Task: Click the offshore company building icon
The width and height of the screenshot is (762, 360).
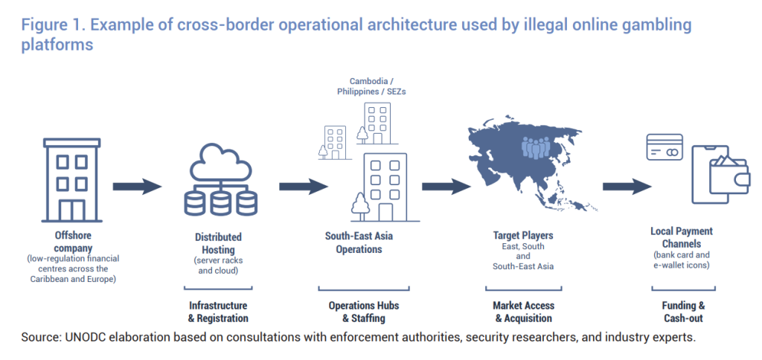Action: pos(72,180)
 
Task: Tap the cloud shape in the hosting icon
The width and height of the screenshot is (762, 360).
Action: pos(220,163)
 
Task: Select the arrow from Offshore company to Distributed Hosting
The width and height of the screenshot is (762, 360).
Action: pos(137,187)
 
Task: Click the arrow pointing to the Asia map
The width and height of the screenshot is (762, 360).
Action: pos(446,187)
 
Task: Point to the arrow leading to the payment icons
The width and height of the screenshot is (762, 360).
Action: pos(627,187)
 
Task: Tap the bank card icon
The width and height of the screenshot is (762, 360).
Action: pos(665,147)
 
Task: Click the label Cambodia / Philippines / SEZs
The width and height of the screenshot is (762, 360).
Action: pos(371,86)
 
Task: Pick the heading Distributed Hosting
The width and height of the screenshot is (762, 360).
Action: pos(218,243)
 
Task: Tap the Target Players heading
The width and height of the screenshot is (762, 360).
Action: pos(523,236)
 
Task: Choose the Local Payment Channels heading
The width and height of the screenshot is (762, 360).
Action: pos(682,237)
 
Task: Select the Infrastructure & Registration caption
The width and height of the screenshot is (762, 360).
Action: pos(218,312)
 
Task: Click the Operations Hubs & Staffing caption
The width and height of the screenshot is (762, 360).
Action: pos(363,312)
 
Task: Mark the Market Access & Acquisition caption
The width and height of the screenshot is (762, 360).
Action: pos(523,312)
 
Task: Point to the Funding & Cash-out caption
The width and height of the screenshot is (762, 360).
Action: pos(683,312)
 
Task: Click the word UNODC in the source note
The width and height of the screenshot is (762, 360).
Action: pos(81,338)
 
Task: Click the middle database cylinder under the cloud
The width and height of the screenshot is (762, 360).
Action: pos(220,204)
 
